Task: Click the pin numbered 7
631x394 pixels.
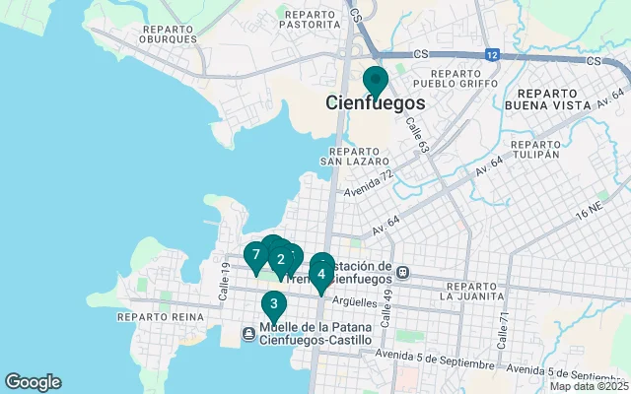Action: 255,256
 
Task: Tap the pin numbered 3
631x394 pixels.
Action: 273,304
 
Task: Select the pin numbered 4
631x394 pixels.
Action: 321,276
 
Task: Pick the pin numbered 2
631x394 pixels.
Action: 281,260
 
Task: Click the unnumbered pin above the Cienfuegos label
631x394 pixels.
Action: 376,81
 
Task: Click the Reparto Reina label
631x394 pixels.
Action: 160,317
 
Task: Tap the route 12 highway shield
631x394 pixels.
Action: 491,54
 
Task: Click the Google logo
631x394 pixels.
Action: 33,382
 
